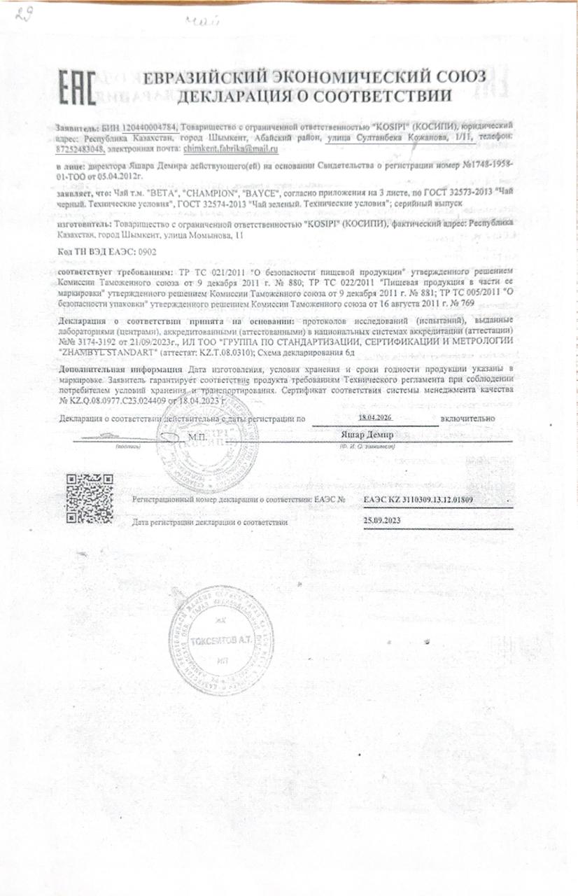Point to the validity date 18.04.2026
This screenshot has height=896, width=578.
click(376, 417)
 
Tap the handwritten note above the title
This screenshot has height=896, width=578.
click(202, 22)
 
